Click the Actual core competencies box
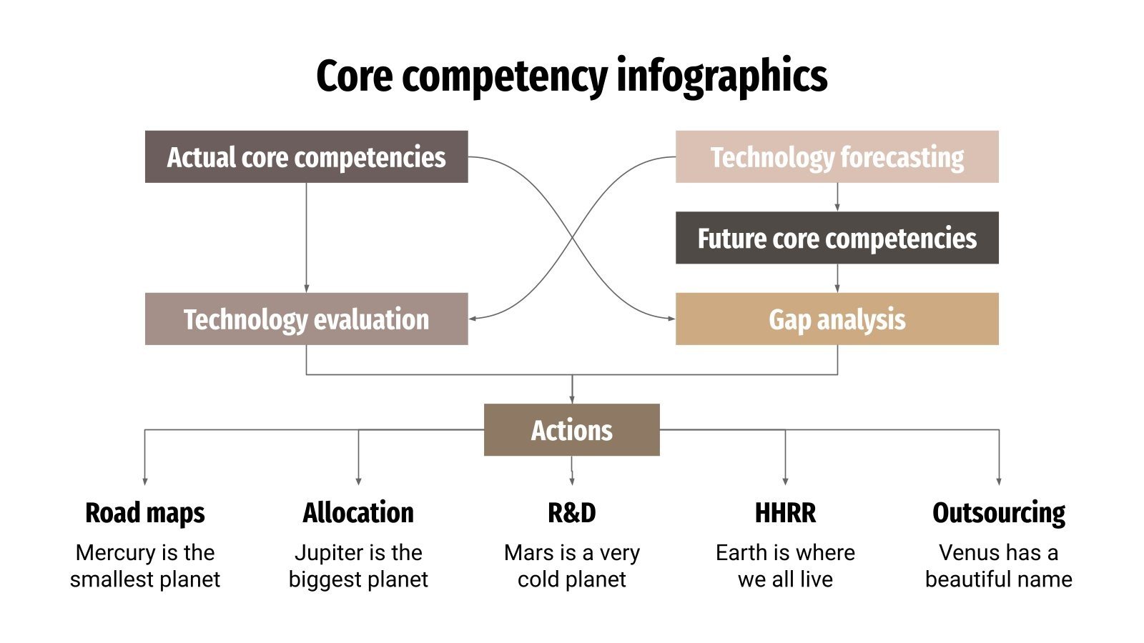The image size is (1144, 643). (306, 156)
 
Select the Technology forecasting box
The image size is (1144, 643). (837, 156)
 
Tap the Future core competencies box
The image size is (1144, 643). (837, 238)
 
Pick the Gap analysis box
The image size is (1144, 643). (837, 319)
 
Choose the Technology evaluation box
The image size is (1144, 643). (306, 319)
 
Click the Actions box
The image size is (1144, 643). (571, 429)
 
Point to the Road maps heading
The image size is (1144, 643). (144, 513)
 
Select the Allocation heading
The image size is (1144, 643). (358, 513)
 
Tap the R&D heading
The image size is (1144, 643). (571, 513)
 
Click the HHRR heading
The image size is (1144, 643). (785, 513)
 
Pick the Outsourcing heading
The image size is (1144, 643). (998, 513)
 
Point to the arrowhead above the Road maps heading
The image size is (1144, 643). (144, 482)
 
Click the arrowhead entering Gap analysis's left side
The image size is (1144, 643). (671, 319)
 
